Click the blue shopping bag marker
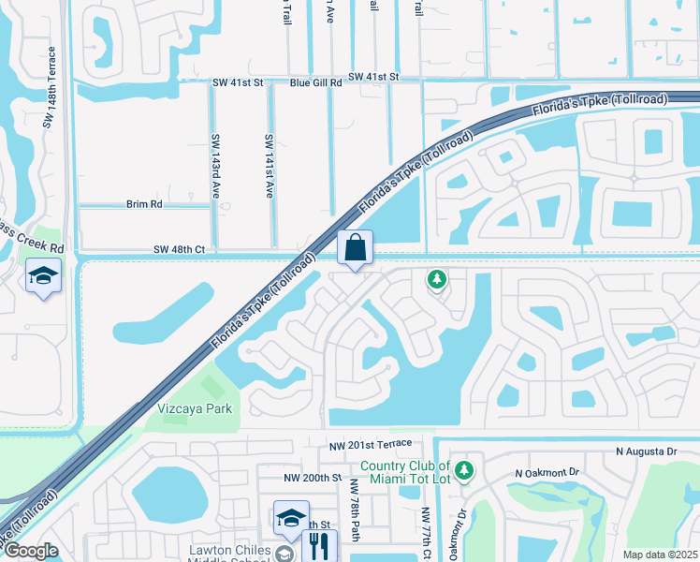click(356, 249)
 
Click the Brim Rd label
click(144, 203)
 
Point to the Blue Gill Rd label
click(316, 82)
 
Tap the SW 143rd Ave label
click(215, 166)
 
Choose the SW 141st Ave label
click(269, 166)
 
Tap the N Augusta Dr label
click(647, 451)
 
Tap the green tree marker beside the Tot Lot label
click(465, 468)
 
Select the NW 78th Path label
click(354, 510)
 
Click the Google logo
click(31, 552)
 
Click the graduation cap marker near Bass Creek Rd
click(43, 276)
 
